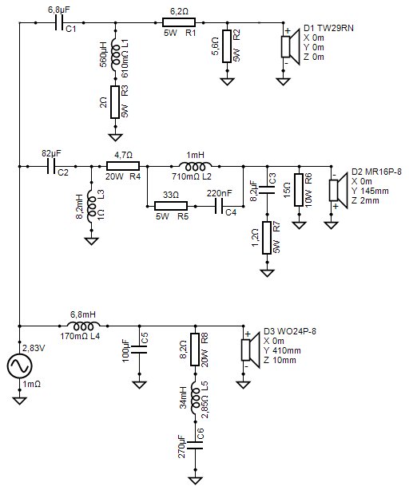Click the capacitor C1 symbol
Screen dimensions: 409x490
(58, 22)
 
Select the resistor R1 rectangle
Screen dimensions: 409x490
(179, 22)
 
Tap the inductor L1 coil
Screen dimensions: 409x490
(115, 56)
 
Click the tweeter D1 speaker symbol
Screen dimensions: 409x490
(291, 46)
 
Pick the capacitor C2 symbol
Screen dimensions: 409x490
(51, 166)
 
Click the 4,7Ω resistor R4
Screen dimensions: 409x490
(123, 166)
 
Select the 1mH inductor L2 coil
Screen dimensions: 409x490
(195, 165)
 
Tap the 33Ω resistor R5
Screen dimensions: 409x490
(171, 206)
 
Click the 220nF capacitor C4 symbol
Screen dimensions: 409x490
(219, 206)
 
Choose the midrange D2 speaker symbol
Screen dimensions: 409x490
(339, 190)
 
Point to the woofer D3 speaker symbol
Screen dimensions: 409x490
(251, 350)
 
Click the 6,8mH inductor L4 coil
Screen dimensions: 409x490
(84, 326)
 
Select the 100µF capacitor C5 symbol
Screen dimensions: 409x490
(139, 350)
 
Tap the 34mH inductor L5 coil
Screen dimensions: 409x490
(195, 398)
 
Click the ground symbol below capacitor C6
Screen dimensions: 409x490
(196, 480)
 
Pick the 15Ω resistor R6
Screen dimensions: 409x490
(299, 190)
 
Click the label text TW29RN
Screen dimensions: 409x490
(336, 28)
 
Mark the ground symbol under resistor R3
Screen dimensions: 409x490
(115, 137)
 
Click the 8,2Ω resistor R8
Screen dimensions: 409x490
(195, 350)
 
